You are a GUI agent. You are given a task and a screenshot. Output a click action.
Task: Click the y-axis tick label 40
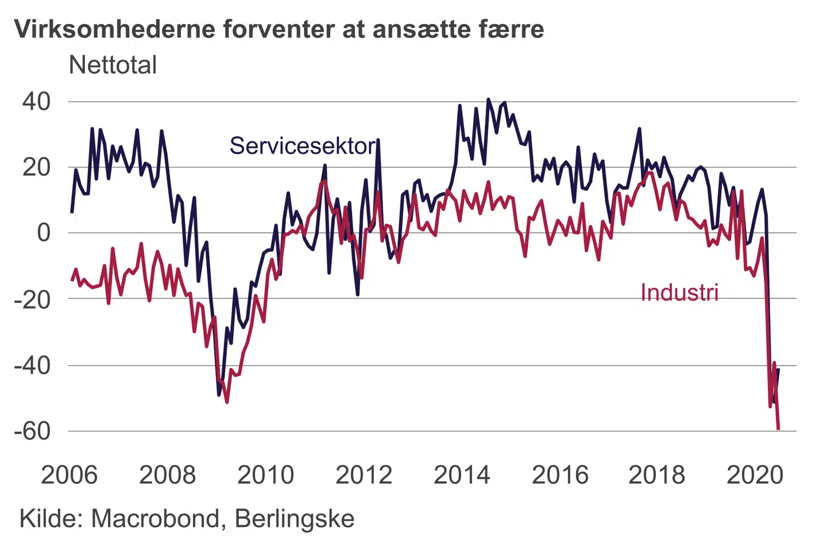click(36, 102)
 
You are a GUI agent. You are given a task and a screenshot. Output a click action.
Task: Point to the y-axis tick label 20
click(36, 168)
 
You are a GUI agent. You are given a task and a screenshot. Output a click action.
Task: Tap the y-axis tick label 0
click(44, 233)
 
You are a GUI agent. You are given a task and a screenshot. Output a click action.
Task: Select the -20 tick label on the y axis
click(32, 300)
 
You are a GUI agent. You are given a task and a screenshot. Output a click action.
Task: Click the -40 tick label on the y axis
click(32, 366)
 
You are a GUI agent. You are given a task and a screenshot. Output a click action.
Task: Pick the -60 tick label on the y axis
click(32, 431)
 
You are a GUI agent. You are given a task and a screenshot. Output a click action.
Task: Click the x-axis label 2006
click(69, 476)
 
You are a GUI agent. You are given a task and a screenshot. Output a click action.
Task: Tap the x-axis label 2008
click(167, 476)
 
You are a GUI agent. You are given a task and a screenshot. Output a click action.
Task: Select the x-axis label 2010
click(265, 476)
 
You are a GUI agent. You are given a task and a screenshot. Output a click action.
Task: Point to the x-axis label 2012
click(364, 476)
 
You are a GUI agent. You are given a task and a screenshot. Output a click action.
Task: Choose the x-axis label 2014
click(462, 476)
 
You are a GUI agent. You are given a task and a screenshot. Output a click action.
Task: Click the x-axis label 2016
click(560, 476)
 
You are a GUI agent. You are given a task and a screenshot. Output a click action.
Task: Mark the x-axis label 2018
click(656, 476)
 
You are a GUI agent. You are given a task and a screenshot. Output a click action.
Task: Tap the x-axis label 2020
click(755, 476)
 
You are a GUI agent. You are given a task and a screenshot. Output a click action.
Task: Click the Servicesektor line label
click(303, 146)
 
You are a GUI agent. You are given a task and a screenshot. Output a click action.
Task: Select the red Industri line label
click(679, 293)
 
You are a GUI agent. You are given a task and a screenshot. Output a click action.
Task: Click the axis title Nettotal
click(113, 65)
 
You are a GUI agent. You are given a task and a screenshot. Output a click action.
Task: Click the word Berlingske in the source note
click(295, 519)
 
